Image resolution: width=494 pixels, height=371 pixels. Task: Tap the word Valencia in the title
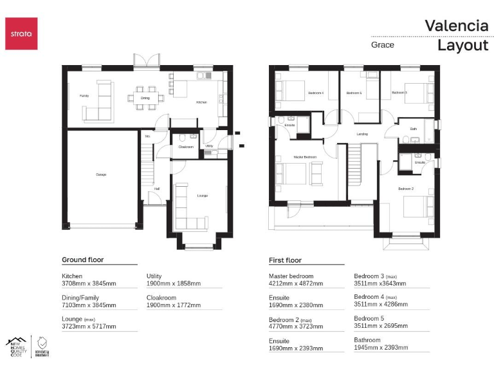pos(456,26)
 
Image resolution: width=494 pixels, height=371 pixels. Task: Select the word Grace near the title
pos(382,45)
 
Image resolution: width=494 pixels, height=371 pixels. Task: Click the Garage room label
pos(101,175)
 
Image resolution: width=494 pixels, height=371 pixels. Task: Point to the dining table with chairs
pos(145,99)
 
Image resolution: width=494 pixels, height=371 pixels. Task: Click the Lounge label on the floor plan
pos(202,196)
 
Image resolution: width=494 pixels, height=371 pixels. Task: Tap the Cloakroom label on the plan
pos(186,147)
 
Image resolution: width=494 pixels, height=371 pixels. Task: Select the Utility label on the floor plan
pos(209,146)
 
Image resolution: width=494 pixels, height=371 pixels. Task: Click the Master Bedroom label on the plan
pos(305,157)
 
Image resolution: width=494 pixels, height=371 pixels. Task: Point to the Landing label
pos(362,134)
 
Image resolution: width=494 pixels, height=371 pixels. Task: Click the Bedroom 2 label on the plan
pos(405,189)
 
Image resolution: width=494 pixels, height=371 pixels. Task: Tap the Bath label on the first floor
pos(413,129)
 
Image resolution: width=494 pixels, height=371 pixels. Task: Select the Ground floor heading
pos(82,260)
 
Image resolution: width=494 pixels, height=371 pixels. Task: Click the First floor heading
pos(285,260)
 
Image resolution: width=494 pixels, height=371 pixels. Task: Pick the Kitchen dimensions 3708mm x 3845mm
pos(89,283)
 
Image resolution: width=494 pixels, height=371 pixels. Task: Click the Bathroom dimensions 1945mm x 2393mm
pos(381,347)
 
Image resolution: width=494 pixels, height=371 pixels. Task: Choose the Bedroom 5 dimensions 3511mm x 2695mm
pos(381,326)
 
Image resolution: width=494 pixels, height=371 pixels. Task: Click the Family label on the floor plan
pos(84,95)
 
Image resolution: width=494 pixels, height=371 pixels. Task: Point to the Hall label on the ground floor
pos(156,189)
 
